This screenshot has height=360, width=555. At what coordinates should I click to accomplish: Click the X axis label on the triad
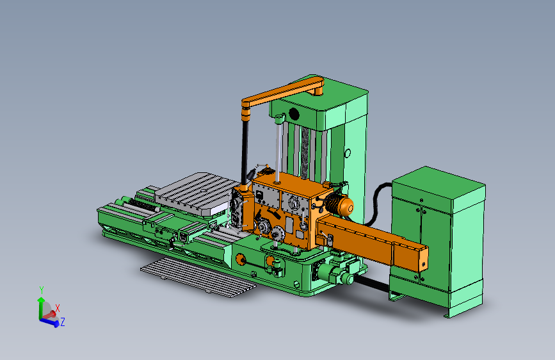tap(58, 308)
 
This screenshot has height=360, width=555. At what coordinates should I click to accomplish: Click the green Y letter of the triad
tap(42, 290)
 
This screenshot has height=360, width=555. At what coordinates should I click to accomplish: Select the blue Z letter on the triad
tap(63, 322)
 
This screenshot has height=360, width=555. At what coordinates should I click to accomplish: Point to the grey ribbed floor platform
tap(198, 277)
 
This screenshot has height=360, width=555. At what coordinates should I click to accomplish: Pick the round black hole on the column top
tap(294, 114)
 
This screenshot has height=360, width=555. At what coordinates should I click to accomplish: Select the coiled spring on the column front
tap(305, 153)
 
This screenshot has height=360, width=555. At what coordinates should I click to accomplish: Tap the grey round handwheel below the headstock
tap(278, 233)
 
